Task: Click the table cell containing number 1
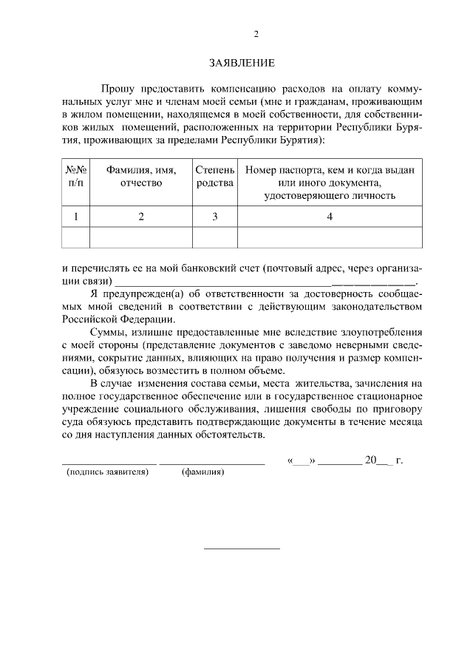[76, 217]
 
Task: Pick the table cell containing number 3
[214, 217]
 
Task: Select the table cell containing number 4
[330, 217]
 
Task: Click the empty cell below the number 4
[330, 237]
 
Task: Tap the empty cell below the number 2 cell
[140, 237]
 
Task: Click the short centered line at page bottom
[242, 549]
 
